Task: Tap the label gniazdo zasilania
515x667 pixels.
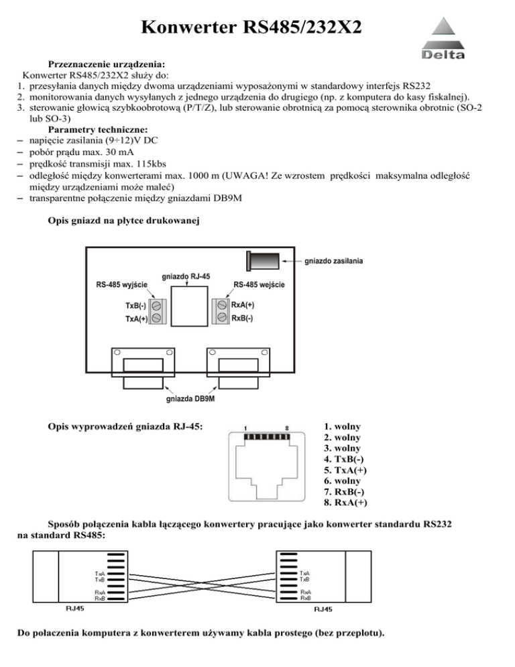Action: [x=339, y=260]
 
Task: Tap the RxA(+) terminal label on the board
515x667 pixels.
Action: [x=242, y=305]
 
